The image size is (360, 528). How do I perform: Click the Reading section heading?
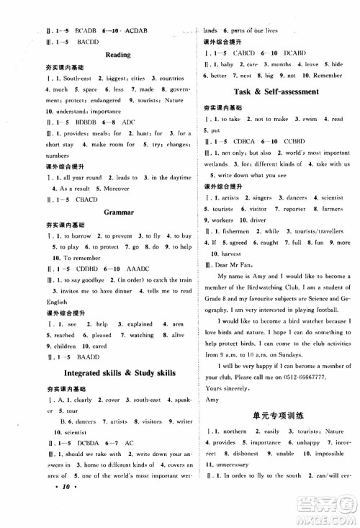pyautogui.click(x=117, y=55)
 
